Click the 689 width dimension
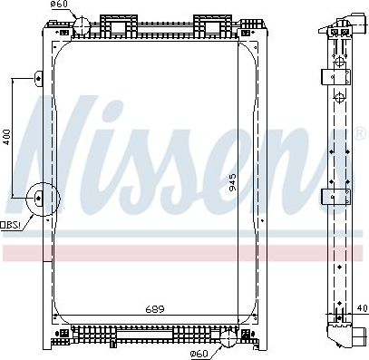click(154, 310)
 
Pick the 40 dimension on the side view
click(360, 308)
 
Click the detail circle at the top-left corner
click(81, 24)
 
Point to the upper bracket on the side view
click(339, 76)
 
